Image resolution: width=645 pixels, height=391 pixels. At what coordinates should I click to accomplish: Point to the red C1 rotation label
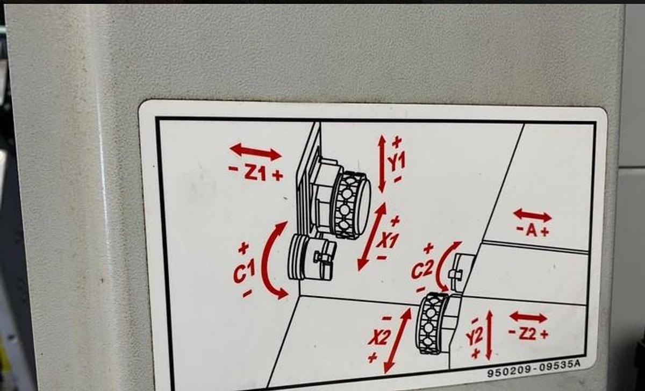[x=244, y=271]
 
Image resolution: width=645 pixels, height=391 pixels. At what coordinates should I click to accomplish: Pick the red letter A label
[x=532, y=231]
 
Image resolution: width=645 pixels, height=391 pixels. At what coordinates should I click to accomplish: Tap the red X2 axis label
[x=379, y=338]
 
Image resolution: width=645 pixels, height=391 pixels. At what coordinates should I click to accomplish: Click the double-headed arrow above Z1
[x=255, y=152]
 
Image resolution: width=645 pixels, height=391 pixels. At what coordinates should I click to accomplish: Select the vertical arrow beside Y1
[x=382, y=163]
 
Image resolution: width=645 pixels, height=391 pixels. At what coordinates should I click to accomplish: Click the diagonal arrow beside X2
[x=398, y=341]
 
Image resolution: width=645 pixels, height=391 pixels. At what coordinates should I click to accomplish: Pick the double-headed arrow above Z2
[x=528, y=317]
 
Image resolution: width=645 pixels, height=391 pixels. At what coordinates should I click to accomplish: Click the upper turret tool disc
[x=353, y=205]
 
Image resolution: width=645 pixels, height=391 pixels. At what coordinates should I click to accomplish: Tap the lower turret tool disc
[x=432, y=323]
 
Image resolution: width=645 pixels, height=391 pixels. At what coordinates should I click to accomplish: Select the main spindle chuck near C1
[x=312, y=258]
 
